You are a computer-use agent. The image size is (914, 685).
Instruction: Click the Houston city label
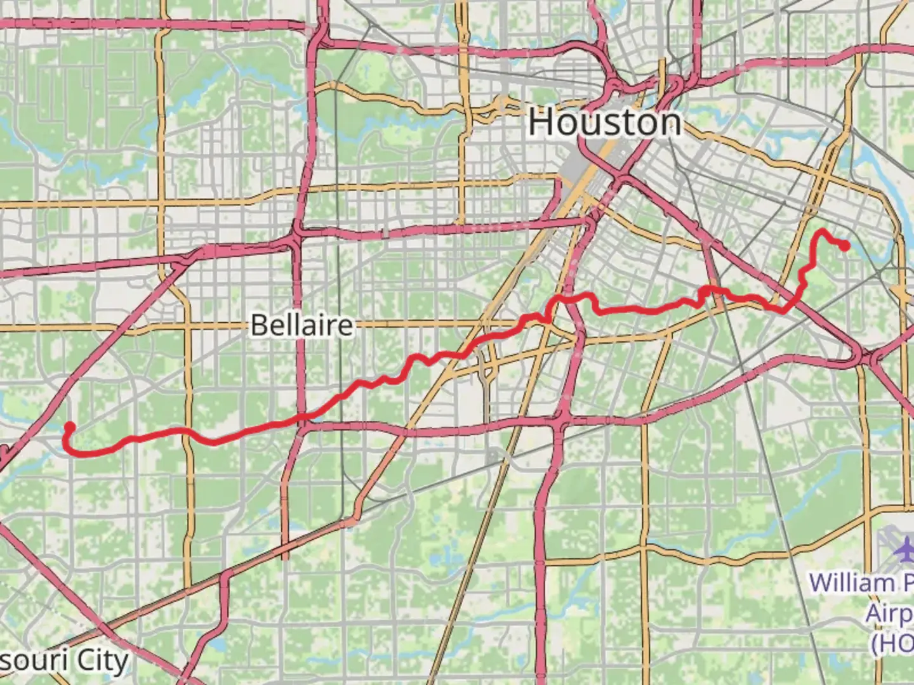point(605,122)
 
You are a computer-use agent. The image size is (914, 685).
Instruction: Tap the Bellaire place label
point(302,325)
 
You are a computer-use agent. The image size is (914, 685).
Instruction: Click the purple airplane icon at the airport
point(904,547)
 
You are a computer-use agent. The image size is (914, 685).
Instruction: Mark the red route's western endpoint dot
point(70,427)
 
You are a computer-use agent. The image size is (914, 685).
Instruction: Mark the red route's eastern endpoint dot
point(845,245)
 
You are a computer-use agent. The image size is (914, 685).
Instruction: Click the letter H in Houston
point(540,122)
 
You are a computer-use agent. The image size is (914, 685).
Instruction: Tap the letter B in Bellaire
point(258,325)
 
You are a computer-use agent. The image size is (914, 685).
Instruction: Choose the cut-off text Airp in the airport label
point(889,613)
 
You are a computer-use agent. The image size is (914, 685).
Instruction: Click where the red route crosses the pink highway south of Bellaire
point(307,416)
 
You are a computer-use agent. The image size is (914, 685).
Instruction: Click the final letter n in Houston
point(670,123)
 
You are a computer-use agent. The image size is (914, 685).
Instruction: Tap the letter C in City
point(86,661)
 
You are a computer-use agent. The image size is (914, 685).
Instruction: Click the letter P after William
point(908,582)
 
